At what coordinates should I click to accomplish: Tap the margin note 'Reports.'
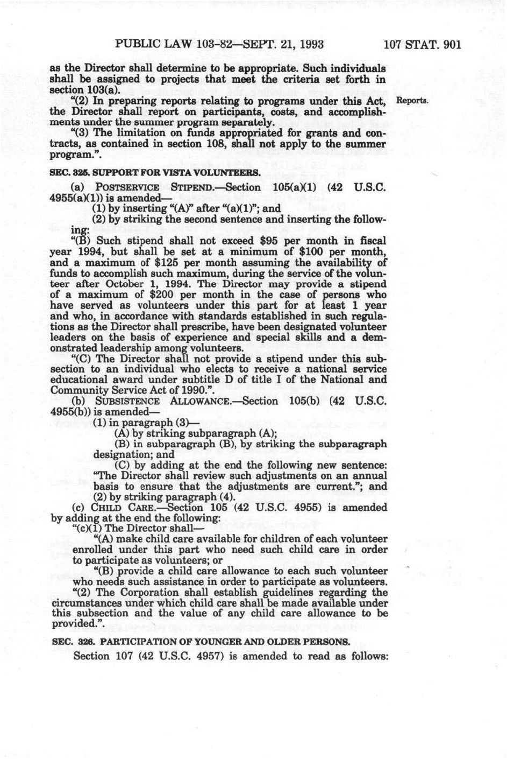(412, 101)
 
